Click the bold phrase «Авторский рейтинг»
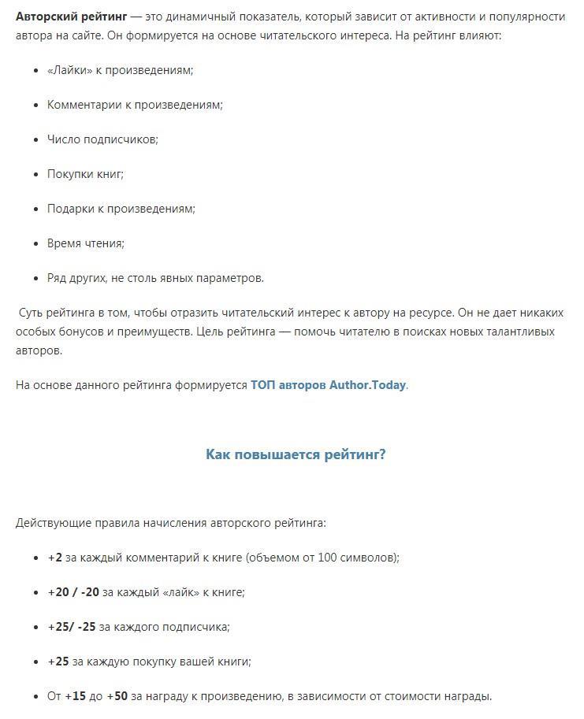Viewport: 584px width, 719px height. pos(71,17)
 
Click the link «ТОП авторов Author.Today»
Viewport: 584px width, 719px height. pos(328,385)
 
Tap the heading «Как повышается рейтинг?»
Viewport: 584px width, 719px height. pos(296,454)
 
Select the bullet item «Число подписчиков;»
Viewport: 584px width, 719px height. pos(102,139)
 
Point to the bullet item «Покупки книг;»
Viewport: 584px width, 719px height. pos(85,174)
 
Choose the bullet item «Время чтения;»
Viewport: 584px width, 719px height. pos(86,243)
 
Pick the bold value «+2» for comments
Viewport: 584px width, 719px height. pos(54,558)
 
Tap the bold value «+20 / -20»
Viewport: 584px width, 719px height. pos(73,592)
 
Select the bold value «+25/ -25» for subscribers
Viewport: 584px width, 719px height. pos(72,627)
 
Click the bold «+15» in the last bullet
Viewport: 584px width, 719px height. pos(75,696)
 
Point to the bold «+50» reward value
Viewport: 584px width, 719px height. pos(117,696)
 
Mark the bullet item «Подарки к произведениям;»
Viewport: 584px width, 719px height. pos(121,209)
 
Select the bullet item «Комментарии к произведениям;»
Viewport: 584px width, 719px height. pos(135,105)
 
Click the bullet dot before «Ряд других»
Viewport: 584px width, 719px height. pos(37,278)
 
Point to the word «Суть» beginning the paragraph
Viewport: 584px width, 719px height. pos(32,313)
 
